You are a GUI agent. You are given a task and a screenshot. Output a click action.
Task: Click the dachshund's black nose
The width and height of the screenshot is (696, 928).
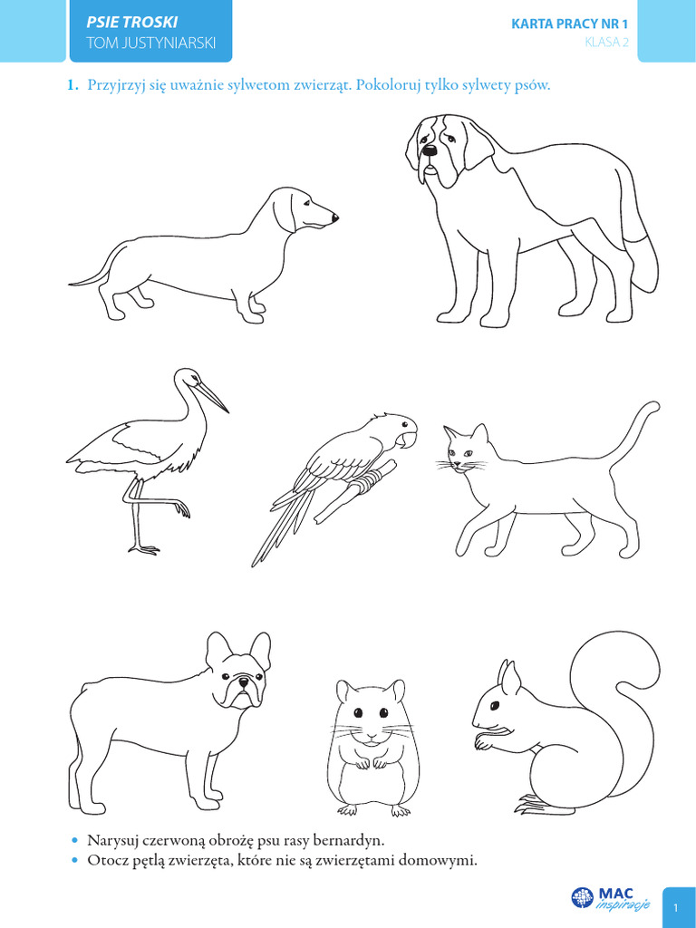click(335, 217)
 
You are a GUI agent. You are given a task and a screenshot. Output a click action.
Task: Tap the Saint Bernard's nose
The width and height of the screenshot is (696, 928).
click(429, 151)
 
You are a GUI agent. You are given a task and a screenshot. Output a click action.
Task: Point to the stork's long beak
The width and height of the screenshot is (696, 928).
click(212, 396)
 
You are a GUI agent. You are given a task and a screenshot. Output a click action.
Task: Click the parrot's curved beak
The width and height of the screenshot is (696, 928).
click(409, 439)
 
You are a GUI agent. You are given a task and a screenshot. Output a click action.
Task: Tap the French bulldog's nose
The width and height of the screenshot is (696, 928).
click(243, 683)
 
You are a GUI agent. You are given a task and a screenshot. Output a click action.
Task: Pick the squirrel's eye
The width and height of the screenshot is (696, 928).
click(494, 705)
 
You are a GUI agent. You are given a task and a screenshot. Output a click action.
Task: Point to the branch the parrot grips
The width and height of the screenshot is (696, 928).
click(354, 491)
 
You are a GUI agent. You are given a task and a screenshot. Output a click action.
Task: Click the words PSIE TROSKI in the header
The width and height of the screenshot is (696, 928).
click(132, 22)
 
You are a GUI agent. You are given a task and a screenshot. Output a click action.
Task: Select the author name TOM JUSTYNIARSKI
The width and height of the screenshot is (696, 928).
click(151, 43)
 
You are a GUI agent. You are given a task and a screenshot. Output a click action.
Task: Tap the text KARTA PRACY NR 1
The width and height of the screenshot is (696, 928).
click(569, 24)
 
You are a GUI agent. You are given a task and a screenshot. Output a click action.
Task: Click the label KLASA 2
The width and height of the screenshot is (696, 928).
click(606, 42)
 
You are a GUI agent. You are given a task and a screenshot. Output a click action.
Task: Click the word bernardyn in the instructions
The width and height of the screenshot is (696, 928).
click(348, 840)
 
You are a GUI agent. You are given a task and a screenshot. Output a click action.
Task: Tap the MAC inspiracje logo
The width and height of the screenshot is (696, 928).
click(610, 898)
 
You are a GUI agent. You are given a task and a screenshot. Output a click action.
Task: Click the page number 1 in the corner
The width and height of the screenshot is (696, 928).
click(676, 907)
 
